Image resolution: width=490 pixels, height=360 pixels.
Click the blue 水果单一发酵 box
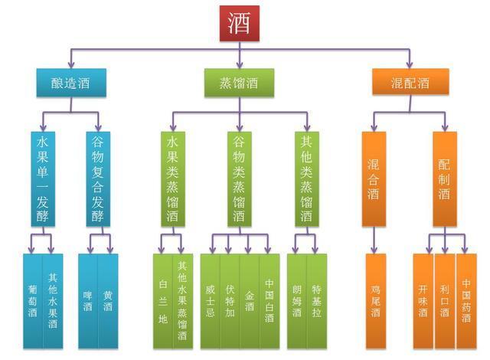43,178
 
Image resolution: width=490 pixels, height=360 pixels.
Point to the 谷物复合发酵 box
98,178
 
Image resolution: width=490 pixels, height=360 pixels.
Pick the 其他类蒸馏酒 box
306,178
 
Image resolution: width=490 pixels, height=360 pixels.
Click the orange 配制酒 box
445,178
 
